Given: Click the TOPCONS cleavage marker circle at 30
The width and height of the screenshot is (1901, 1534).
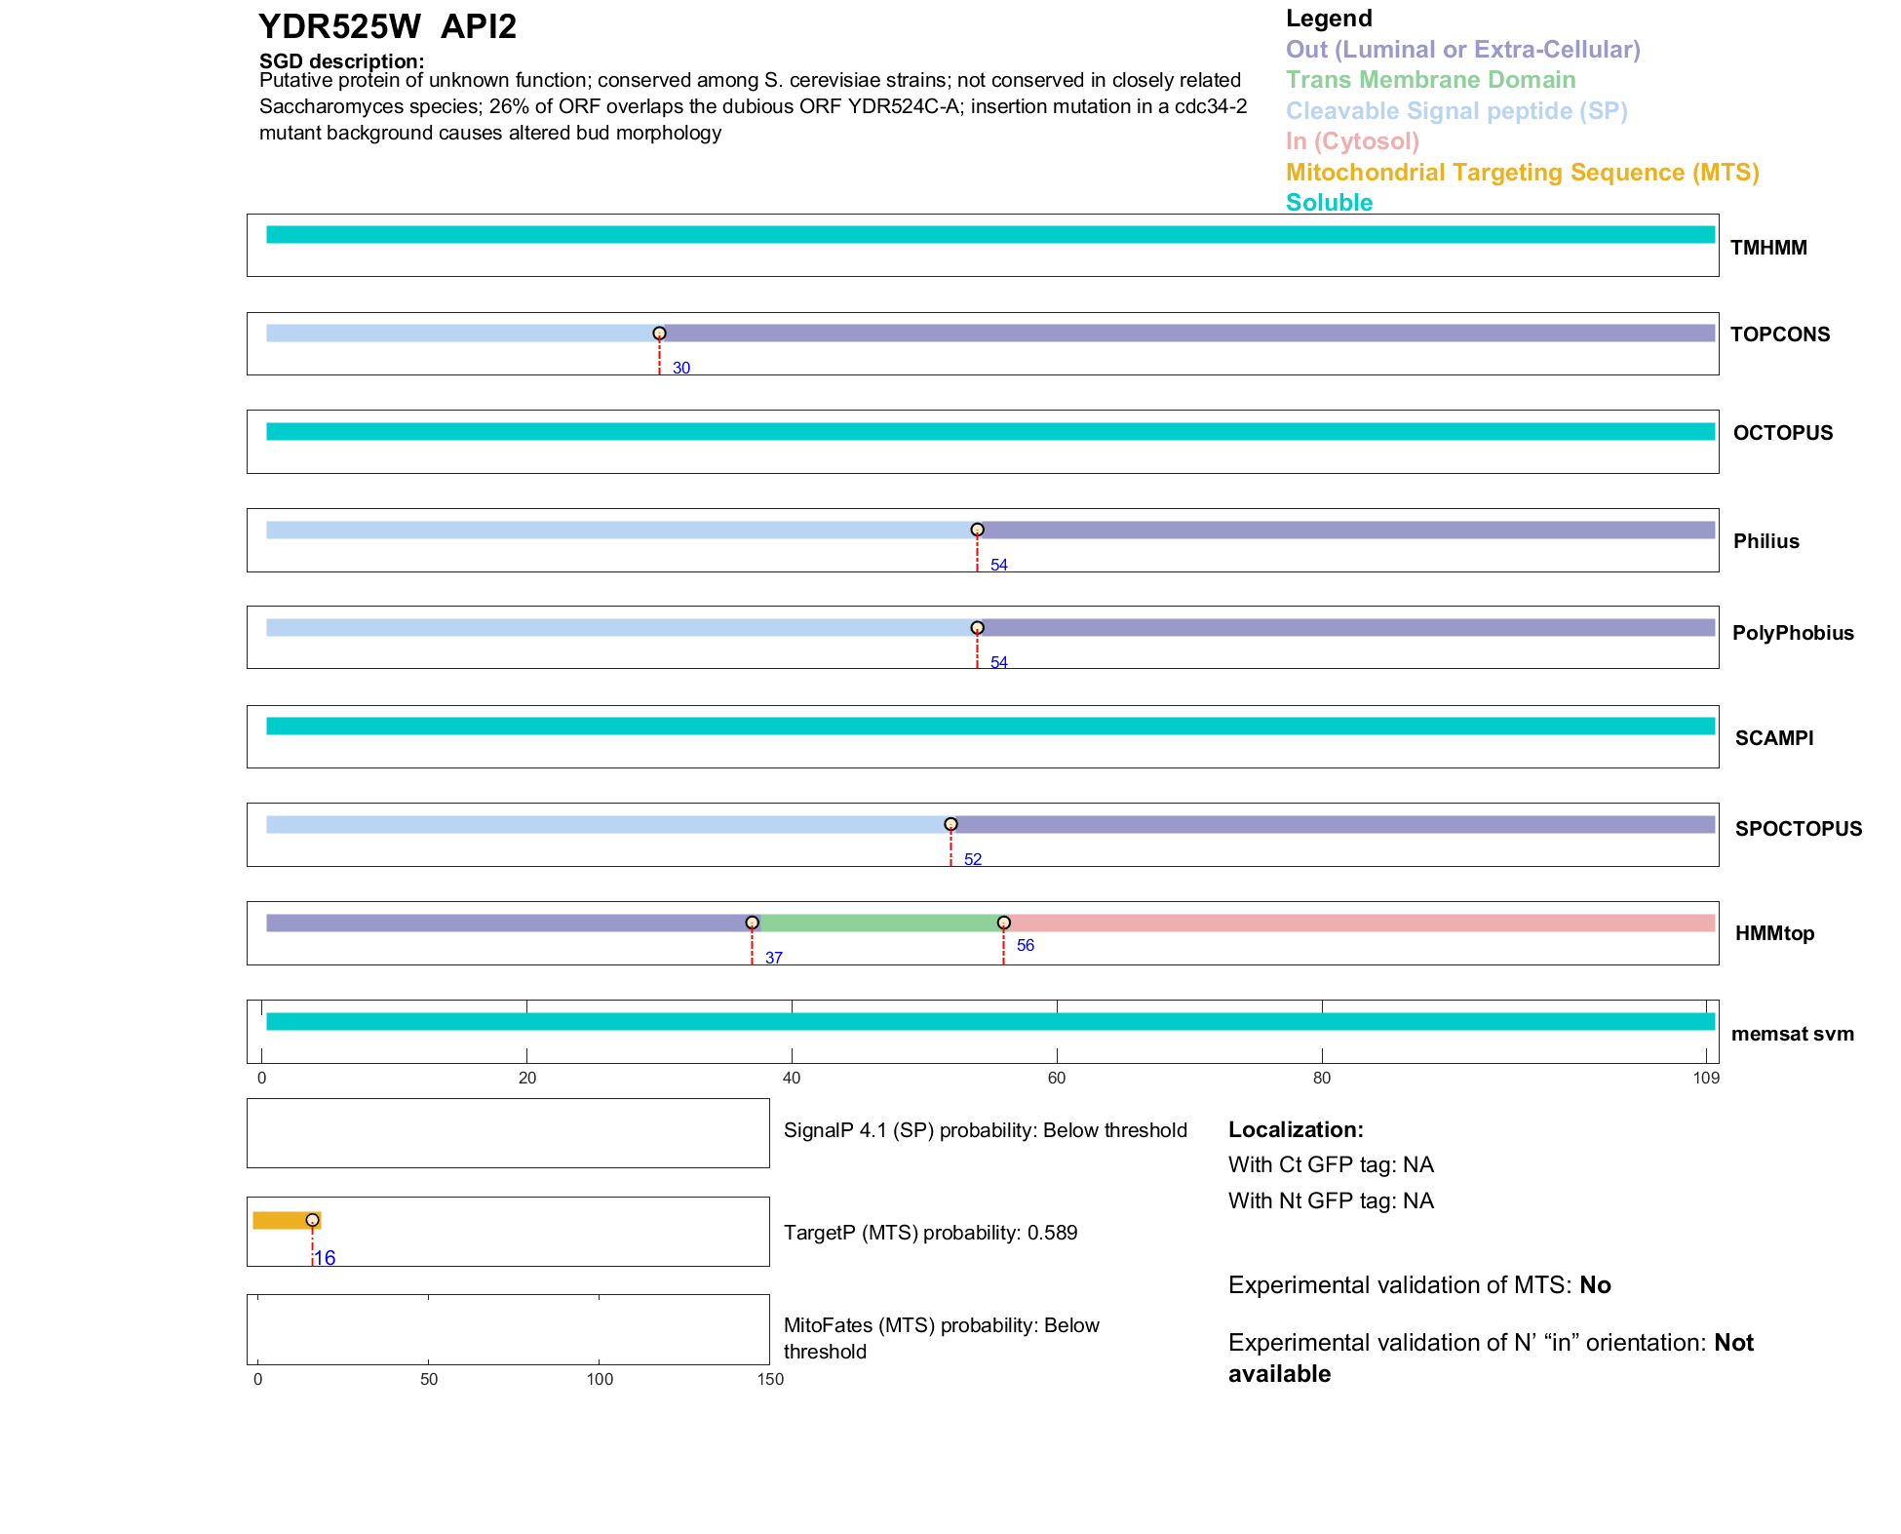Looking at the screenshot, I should tap(659, 334).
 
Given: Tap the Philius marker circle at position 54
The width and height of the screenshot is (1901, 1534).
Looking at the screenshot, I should tap(977, 530).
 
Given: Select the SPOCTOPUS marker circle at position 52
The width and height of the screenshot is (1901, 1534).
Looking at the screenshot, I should tap(950, 824).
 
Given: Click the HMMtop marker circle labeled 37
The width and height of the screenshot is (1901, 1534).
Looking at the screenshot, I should tap(752, 923).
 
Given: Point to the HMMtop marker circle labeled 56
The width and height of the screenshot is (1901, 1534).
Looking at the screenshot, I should tap(1003, 923).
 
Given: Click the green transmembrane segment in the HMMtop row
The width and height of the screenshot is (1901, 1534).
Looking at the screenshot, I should tap(877, 923).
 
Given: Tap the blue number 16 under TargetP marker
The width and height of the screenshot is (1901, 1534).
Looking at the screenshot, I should tap(326, 1258).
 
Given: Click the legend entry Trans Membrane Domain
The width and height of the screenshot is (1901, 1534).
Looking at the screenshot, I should tap(1430, 80).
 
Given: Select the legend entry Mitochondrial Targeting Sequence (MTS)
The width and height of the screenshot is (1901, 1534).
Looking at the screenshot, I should tap(1522, 173).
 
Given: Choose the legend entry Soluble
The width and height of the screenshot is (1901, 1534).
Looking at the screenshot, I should tap(1329, 203).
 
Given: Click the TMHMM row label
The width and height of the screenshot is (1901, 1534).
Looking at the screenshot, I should tap(1767, 248).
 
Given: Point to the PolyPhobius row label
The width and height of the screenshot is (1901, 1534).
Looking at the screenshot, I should tap(1792, 633).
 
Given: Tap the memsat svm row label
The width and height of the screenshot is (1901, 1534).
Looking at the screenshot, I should tap(1792, 1034).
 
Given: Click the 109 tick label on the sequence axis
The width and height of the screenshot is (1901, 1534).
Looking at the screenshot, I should tap(1706, 1078).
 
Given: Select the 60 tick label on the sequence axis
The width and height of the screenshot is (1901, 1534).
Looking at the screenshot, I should tap(1057, 1078).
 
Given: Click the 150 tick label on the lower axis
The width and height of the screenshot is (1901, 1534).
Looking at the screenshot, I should tap(770, 1379).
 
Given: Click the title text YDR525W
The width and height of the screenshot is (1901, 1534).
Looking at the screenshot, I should tap(340, 26).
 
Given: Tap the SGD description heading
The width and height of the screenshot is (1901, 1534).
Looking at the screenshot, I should tap(341, 61).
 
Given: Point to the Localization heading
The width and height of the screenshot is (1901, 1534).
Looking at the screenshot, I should tap(1296, 1129).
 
